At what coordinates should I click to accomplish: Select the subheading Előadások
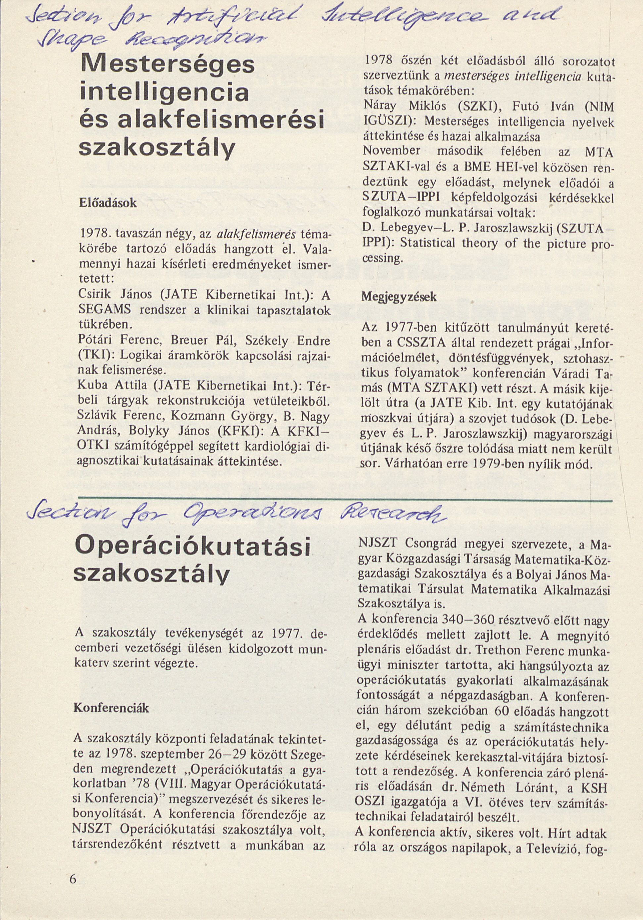pyautogui.click(x=109, y=203)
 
